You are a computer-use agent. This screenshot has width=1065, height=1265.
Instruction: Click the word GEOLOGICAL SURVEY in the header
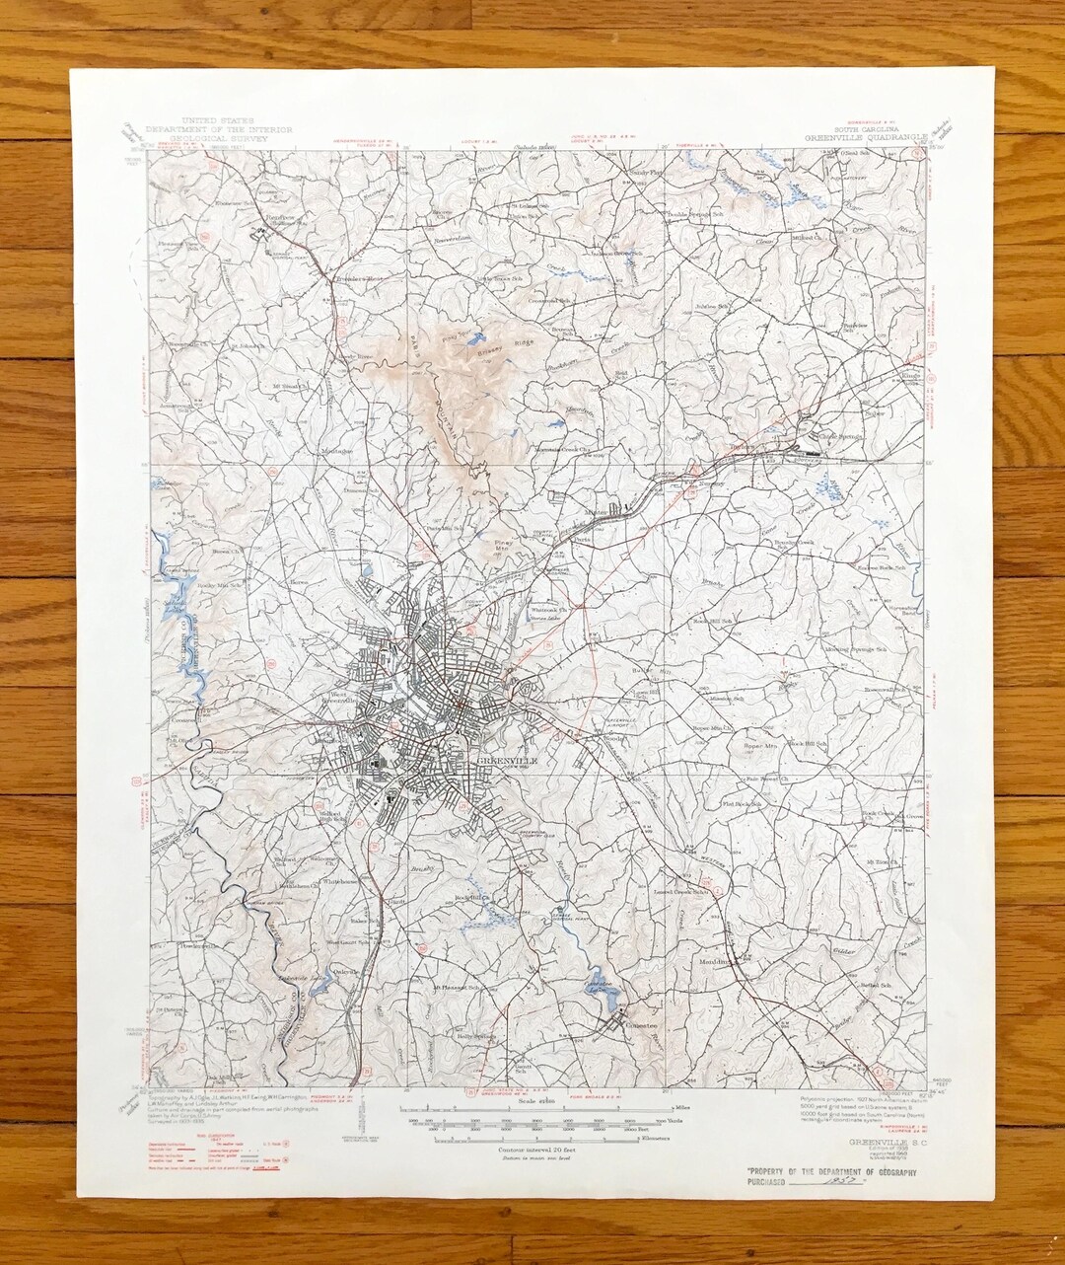208,138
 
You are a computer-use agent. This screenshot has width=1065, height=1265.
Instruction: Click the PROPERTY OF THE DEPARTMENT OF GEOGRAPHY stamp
832,1170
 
